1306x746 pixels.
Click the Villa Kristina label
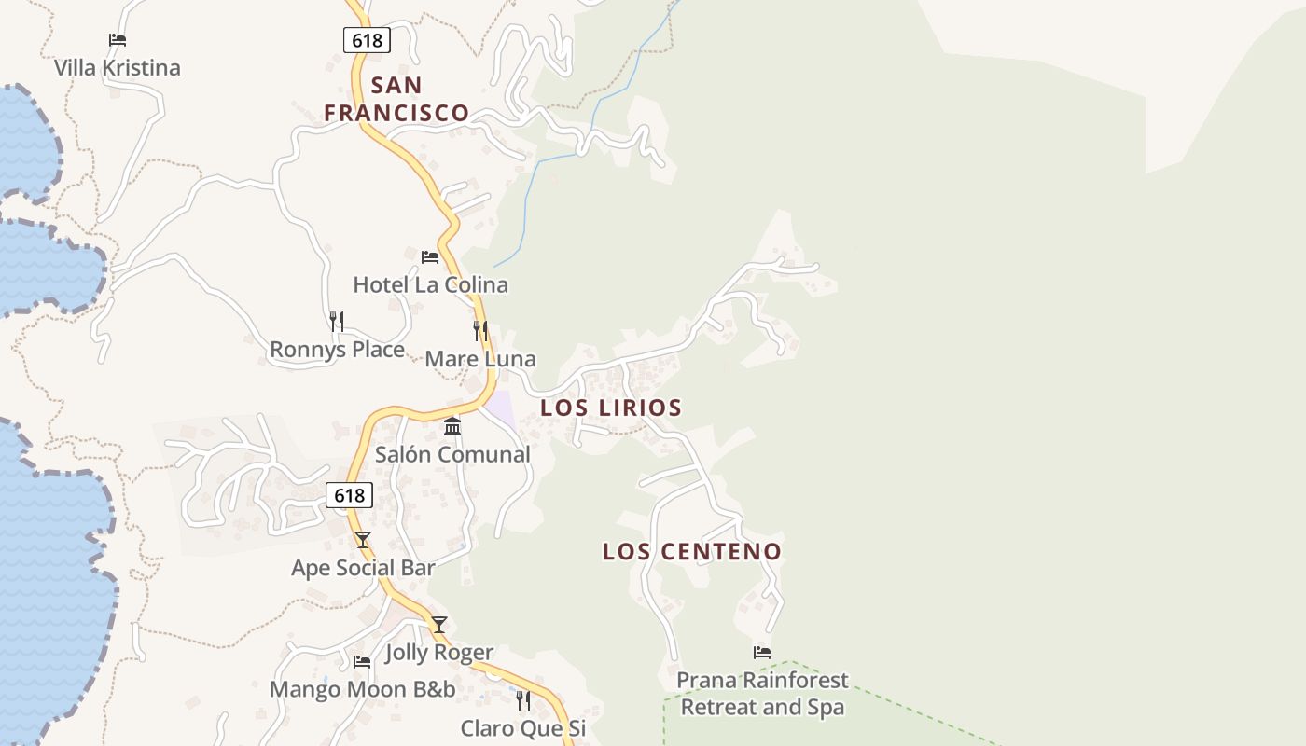[x=117, y=68]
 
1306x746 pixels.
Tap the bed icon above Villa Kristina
[x=118, y=40]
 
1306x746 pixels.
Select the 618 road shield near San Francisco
[x=367, y=40]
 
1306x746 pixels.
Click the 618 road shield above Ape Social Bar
[x=350, y=495]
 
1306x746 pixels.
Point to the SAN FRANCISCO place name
[x=396, y=99]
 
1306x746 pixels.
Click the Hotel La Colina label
[x=430, y=284]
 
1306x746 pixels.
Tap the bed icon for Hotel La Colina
[x=430, y=256]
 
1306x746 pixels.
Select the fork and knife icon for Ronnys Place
[x=337, y=322]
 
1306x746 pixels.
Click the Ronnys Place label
[x=337, y=350]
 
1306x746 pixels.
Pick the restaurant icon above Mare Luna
[x=480, y=330]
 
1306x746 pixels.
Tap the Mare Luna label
[x=480, y=359]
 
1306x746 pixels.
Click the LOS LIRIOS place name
[x=611, y=408]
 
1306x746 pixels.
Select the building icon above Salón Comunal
[x=452, y=426]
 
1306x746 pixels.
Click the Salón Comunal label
[x=452, y=455]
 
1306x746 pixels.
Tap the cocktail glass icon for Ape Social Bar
[x=363, y=540]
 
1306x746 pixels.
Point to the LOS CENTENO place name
[x=691, y=551]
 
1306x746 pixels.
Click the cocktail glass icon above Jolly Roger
[x=439, y=625]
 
